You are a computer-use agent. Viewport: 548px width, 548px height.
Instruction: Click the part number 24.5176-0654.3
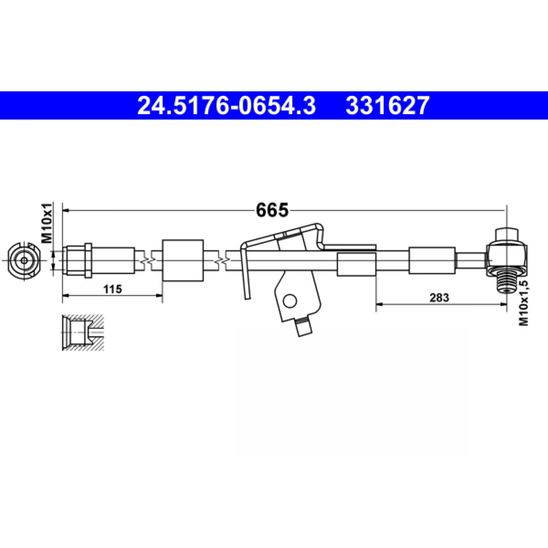226,105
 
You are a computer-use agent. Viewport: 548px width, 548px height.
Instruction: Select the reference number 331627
387,105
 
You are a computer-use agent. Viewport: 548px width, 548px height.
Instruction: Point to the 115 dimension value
113,289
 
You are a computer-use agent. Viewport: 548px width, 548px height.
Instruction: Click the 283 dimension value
440,298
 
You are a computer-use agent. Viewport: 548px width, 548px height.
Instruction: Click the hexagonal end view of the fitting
24,261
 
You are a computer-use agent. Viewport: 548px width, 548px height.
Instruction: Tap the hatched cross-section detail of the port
83,333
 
